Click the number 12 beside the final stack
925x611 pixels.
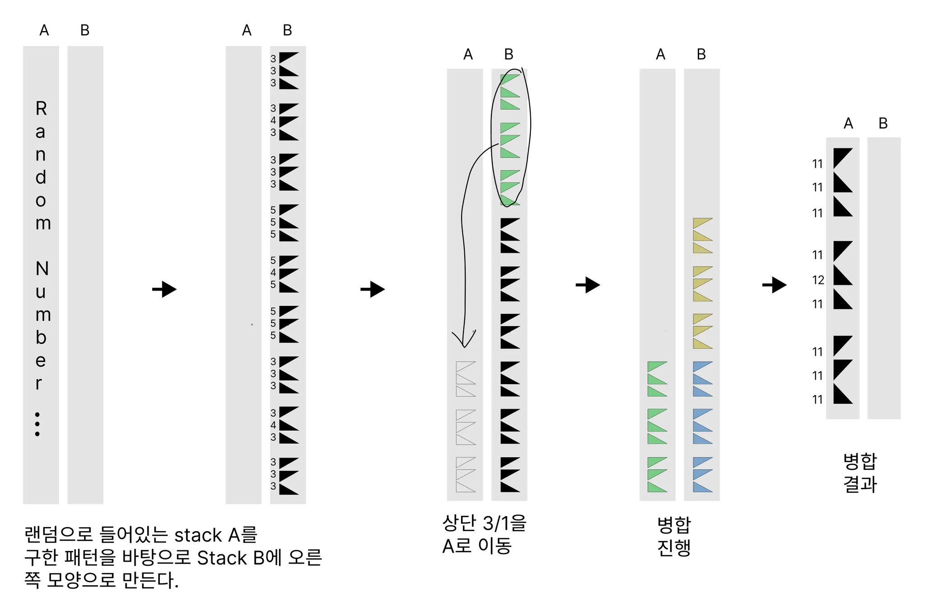coord(818,280)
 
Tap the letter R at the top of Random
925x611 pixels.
coord(41,108)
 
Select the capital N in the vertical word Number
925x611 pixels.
coord(42,269)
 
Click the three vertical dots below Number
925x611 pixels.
coord(37,424)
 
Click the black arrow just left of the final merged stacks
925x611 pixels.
coord(774,285)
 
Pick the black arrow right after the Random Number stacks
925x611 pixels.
coord(164,289)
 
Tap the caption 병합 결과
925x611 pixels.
coord(860,473)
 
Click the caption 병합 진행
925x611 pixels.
coord(674,536)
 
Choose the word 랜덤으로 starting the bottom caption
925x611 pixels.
coord(58,535)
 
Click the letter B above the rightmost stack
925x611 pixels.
coord(883,123)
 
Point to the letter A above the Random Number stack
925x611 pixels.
coord(44,30)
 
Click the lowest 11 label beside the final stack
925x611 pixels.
coord(817,400)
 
